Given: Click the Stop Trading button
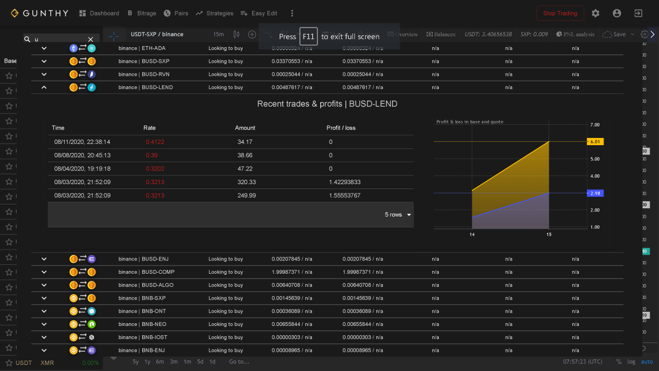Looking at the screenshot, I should [x=560, y=13].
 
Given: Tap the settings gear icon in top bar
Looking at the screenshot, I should [x=595, y=13].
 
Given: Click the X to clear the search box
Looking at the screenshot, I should [x=91, y=40].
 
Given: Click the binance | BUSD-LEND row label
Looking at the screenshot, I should [x=142, y=87].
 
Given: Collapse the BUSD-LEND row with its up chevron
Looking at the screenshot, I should [x=44, y=87].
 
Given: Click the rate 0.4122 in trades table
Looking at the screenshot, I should [x=155, y=142].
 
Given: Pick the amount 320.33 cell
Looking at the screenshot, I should [x=247, y=182].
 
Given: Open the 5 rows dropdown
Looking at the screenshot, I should [x=398, y=215].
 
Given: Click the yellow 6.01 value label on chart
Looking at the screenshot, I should [x=595, y=142].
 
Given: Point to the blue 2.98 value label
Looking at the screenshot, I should [x=595, y=193].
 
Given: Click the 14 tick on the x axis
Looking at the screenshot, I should [x=472, y=235].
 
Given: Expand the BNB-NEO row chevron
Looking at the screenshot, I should [x=44, y=324].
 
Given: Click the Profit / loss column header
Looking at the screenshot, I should [x=341, y=128].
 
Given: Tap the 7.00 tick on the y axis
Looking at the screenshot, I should [x=595, y=125].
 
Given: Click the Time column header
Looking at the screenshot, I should [x=58, y=128].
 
